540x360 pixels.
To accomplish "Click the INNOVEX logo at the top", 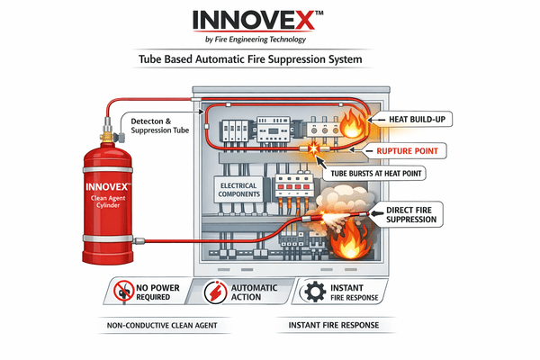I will tap(269, 20).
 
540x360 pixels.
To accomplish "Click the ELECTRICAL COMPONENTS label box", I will tap(238, 189).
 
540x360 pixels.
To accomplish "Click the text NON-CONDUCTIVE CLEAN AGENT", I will tap(148, 324).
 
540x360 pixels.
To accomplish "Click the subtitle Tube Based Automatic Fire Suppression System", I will tap(269, 59).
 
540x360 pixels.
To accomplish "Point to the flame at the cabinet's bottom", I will tap(346, 243).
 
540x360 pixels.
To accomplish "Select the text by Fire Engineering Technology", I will tap(269, 40).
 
